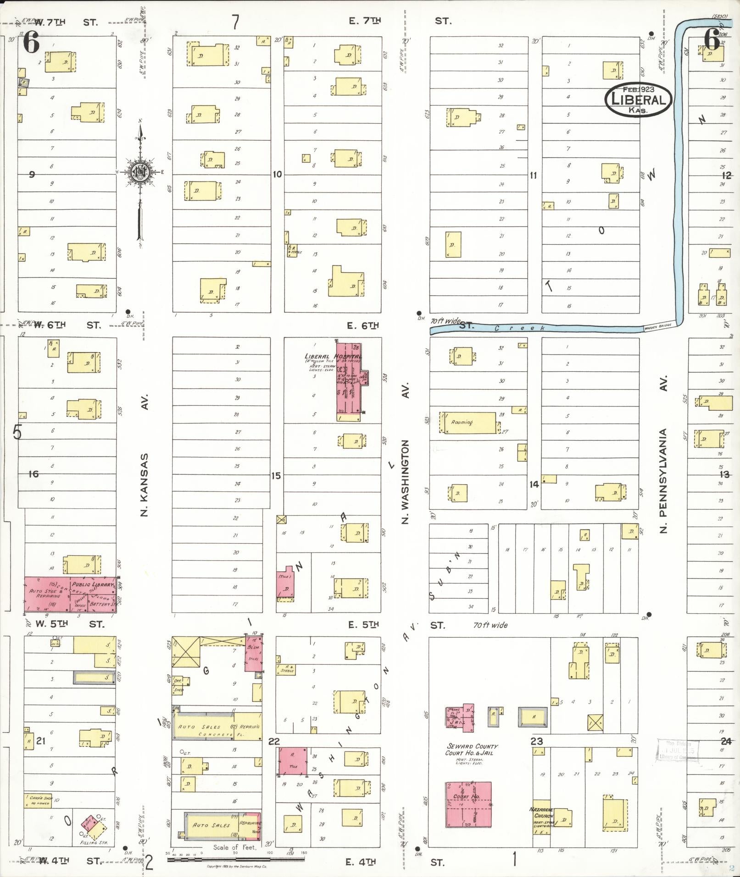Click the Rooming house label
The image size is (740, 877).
462,422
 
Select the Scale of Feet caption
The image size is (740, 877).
234,848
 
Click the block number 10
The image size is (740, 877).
277,174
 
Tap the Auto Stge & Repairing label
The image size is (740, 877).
45,594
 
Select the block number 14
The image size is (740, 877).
534,484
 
